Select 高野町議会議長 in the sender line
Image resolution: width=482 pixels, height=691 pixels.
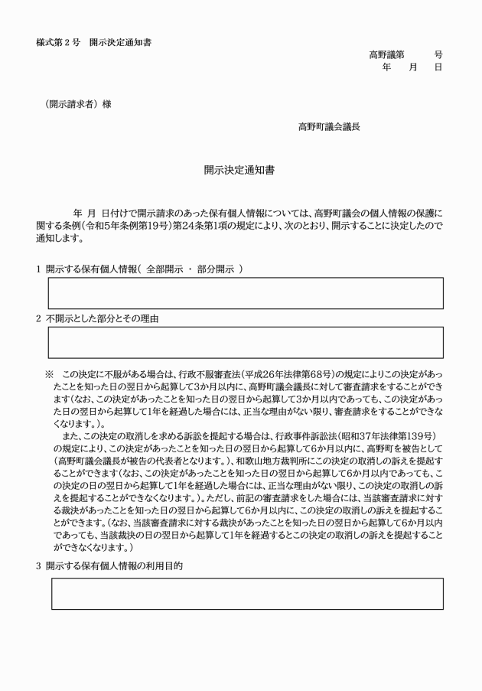click(x=329, y=126)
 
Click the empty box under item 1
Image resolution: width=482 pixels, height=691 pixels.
click(x=246, y=293)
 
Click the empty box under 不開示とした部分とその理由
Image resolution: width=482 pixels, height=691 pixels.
click(x=246, y=342)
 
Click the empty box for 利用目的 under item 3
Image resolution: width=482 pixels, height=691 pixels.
click(x=247, y=593)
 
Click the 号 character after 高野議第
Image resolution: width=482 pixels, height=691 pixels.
click(x=438, y=54)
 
